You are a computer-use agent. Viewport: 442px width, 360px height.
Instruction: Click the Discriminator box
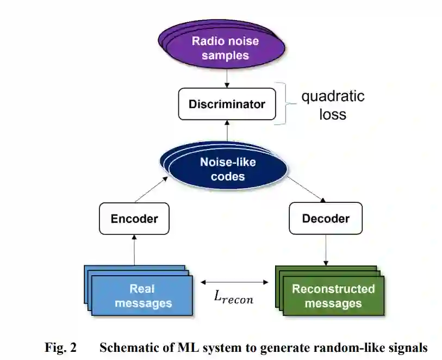[x=227, y=103]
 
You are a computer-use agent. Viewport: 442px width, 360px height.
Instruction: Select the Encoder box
[x=134, y=219]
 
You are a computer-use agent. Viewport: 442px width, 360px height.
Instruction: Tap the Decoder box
[x=325, y=219]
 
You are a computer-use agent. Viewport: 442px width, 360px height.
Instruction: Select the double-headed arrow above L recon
[x=234, y=282]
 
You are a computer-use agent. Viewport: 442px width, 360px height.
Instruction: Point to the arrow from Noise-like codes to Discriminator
[x=227, y=133]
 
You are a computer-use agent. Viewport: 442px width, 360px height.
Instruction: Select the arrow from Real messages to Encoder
[x=134, y=251]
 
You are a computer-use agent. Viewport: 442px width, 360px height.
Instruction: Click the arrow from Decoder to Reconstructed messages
[x=325, y=251]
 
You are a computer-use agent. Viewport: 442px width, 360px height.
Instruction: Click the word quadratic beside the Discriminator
[x=333, y=96]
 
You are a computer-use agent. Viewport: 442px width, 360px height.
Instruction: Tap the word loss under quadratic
[x=333, y=114]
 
